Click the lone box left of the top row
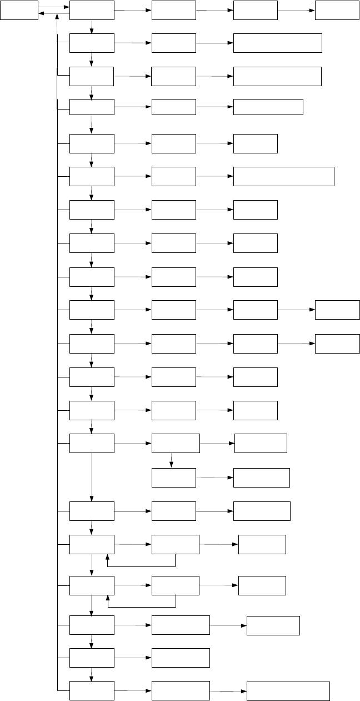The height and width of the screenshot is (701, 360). coord(19,10)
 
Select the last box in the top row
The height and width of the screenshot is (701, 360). coord(337,10)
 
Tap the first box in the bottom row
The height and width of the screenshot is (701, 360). coord(92,690)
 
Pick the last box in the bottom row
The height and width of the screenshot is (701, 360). coord(288,691)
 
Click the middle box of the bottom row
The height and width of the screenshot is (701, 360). coord(181,690)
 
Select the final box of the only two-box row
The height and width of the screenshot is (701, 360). coord(181,658)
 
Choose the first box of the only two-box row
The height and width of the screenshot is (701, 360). coord(92,658)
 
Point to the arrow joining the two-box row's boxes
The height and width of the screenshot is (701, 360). coord(133,658)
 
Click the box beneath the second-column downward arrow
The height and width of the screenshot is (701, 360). coord(173,478)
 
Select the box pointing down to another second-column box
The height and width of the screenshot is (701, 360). coord(176,443)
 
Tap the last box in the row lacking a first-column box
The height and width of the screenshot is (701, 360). coord(262,478)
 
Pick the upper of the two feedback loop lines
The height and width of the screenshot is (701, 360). coord(142,566)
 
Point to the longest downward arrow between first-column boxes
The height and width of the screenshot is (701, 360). coord(92,476)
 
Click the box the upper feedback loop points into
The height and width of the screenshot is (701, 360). coord(92,544)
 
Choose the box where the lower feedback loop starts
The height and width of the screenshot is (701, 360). coord(176,585)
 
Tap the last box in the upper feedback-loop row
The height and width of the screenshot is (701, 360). coord(262,544)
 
